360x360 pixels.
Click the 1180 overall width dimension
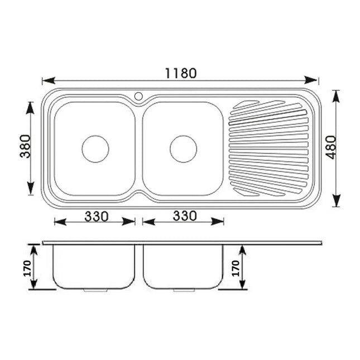(180, 73)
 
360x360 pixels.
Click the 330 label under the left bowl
(96, 216)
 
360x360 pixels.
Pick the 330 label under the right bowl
(184, 216)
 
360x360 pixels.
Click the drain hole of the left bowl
(95, 149)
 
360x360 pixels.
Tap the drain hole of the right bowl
(183, 149)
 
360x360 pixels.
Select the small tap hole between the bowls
(138, 97)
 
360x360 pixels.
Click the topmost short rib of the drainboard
(246, 104)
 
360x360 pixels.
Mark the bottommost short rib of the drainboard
(246, 191)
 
